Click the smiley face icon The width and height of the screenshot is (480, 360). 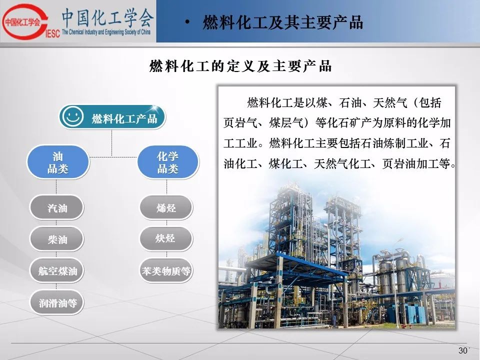72,116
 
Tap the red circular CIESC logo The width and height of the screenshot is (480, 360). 25,21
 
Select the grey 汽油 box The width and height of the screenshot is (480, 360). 56,207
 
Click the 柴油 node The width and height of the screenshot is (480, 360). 56,239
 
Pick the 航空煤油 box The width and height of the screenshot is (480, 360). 56,270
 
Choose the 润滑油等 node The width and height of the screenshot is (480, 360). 56,302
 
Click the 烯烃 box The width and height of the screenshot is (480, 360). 166,207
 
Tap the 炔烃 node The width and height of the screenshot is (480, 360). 166,238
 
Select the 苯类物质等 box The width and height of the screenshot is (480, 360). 166,270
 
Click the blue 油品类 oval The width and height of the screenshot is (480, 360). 58,162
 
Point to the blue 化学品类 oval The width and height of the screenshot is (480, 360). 168,162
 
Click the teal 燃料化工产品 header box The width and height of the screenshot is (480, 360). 112,117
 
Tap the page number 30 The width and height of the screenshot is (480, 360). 463,350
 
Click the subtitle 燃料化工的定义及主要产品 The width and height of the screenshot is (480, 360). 240,66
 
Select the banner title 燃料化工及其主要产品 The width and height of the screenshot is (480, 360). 283,22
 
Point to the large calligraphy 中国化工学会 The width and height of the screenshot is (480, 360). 108,17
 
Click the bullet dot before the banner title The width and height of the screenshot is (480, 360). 187,22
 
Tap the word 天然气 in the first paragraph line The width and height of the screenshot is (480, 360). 390,102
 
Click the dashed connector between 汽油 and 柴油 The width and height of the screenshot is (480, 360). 56,223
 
